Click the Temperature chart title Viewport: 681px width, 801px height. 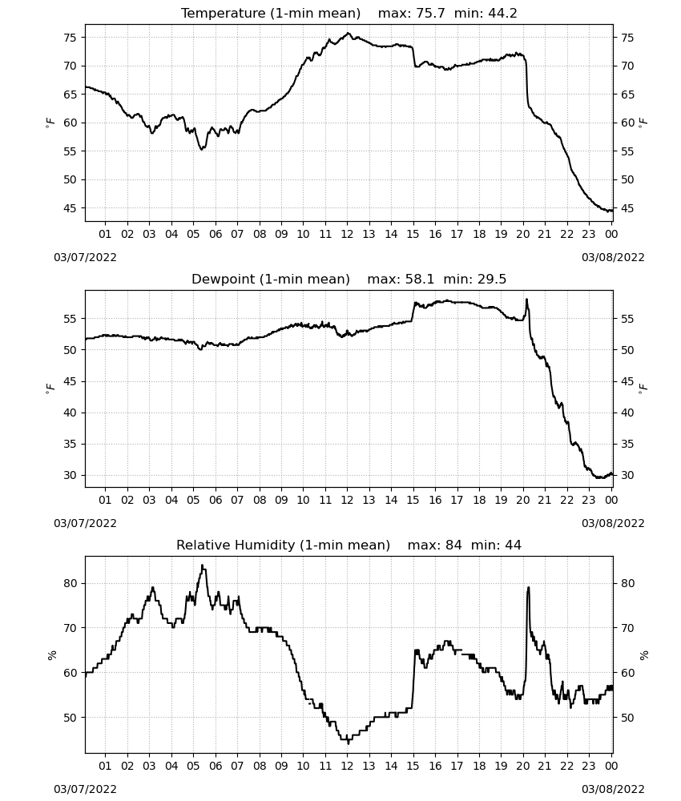point(349,13)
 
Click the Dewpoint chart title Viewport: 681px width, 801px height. point(349,279)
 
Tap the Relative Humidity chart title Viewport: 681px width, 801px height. point(349,545)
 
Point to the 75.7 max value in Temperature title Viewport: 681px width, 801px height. point(430,13)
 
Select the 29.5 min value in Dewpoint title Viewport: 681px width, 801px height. point(492,279)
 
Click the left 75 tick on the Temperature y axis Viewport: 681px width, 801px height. point(70,38)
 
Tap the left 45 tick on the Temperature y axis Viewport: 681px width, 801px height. point(70,208)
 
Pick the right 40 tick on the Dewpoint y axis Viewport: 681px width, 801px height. point(627,413)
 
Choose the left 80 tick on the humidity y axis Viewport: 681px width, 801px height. point(70,583)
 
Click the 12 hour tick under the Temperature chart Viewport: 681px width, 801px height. point(347,234)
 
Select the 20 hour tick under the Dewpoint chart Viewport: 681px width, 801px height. point(522,500)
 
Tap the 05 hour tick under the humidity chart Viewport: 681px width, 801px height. point(193,766)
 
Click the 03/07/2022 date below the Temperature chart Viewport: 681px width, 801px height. point(85,257)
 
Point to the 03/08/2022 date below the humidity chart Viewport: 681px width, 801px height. point(613,789)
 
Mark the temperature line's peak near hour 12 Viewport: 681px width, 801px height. point(349,33)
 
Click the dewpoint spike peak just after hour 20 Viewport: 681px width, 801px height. point(526,300)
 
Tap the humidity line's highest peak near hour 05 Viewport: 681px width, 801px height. point(203,565)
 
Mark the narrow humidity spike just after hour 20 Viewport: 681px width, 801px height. point(528,587)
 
